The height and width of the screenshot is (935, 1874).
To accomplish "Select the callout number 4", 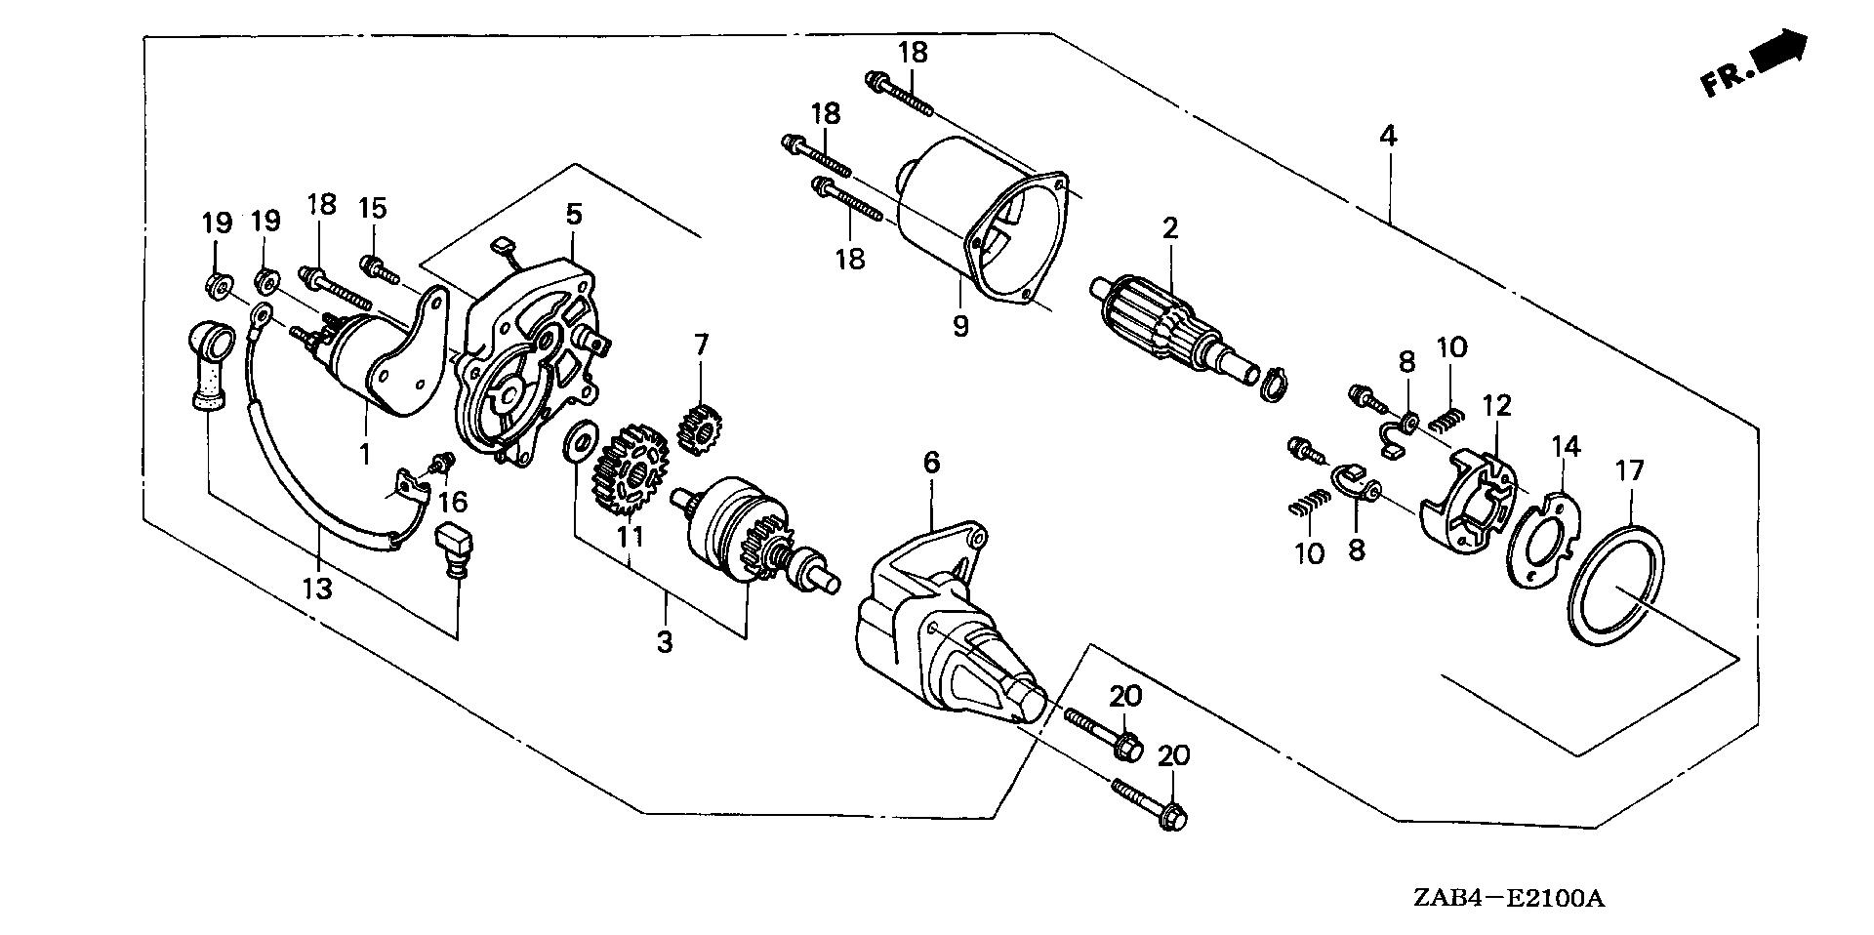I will (x=1387, y=137).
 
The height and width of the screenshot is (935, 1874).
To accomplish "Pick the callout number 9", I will (x=960, y=326).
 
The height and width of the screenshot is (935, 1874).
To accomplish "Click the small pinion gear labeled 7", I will (x=698, y=427).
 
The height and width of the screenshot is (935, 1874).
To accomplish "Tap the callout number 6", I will (x=931, y=463).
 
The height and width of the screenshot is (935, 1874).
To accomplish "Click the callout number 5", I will (x=572, y=214).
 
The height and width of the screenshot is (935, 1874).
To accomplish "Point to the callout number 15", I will (x=373, y=208).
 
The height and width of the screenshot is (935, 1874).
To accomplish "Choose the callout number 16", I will (x=453, y=502).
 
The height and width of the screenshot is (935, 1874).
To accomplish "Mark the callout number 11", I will (x=631, y=536).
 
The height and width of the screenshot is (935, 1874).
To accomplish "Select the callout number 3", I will (x=664, y=643).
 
